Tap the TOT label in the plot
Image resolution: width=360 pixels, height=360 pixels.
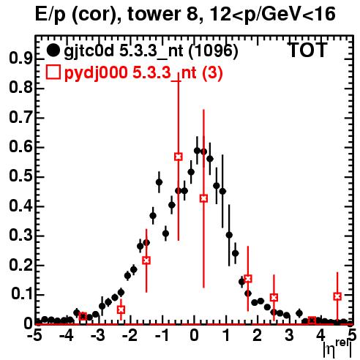307,50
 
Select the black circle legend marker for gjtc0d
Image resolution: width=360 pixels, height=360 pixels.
53,50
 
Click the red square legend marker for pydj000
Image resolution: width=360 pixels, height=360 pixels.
53,72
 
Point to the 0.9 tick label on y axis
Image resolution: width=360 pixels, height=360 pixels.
20,59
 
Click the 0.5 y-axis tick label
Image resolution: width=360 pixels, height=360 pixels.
20,176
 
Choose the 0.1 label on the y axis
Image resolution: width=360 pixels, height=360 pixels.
21,294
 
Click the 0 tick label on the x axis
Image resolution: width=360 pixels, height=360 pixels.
194,336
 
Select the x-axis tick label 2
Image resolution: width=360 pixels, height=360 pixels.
258,336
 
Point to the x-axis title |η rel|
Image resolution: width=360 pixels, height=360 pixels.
338,350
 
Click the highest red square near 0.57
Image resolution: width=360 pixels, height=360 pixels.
179,157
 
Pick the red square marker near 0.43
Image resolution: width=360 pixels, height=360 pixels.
204,198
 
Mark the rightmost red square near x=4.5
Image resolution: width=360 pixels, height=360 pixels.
337,296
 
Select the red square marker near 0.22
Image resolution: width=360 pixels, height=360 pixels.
146,260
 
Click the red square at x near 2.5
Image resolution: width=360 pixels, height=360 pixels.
274,298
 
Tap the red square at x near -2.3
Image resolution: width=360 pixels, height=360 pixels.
121,310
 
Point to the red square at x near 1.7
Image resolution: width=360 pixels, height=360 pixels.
248,279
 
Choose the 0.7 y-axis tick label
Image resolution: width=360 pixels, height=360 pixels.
20,118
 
